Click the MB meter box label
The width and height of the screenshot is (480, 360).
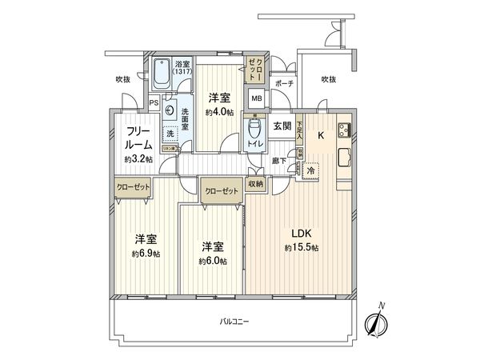click(257, 99)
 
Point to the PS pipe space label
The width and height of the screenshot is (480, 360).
click(153, 102)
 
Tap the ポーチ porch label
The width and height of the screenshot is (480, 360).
click(283, 84)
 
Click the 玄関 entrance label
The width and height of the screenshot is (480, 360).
click(281, 126)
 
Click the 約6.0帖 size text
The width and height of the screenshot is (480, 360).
click(213, 262)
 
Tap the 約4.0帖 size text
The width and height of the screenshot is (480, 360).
click(218, 113)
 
